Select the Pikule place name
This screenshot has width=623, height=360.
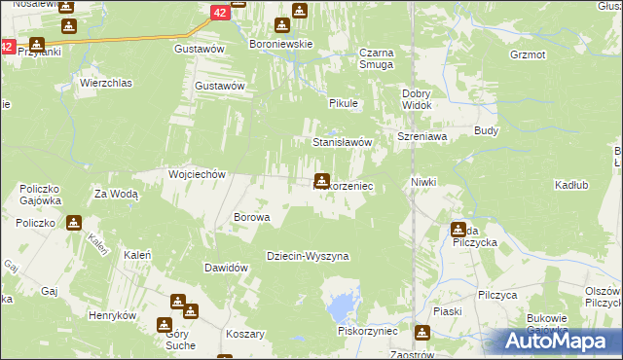click(344, 102)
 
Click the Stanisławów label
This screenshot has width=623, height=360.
click(343, 142)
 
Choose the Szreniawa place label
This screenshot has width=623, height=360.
click(421, 137)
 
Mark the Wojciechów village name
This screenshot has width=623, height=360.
click(198, 174)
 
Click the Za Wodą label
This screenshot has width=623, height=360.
click(117, 194)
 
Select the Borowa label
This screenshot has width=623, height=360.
click(251, 217)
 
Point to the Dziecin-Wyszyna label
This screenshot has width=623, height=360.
click(308, 256)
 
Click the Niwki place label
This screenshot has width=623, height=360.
click(423, 182)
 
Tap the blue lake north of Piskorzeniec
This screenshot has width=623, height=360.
click(342, 308)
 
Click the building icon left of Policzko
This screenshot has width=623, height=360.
click(74, 223)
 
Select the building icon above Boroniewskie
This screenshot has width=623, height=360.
click(299, 11)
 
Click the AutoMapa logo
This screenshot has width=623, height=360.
click(560, 341)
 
